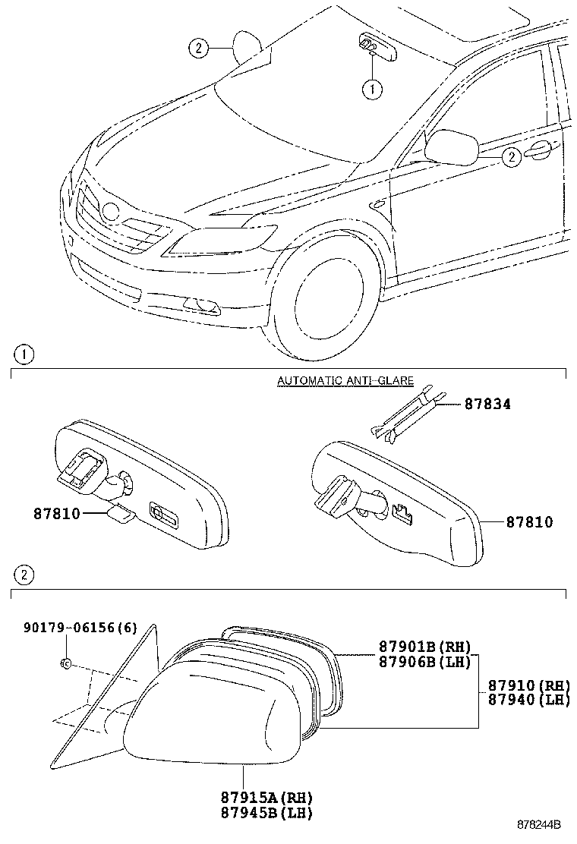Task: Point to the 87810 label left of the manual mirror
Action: click(x=58, y=513)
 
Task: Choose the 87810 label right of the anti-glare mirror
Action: click(x=529, y=522)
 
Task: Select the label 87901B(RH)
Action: click(x=425, y=647)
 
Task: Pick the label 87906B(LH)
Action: click(x=425, y=662)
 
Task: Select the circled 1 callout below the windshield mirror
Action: click(x=372, y=90)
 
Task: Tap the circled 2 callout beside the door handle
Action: click(x=512, y=157)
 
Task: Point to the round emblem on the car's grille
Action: click(x=112, y=213)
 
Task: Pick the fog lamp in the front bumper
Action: click(x=202, y=306)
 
